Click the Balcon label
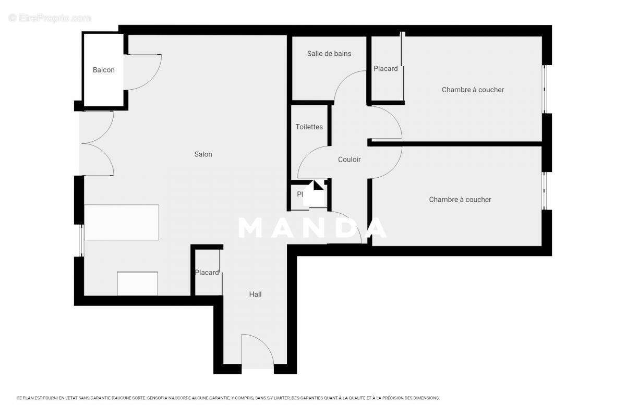[103, 70]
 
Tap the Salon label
[203, 154]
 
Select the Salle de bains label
[329, 54]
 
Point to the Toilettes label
[309, 127]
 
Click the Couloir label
[349, 160]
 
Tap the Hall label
[255, 295]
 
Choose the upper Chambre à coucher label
[473, 90]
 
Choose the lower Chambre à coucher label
[460, 200]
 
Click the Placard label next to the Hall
[207, 273]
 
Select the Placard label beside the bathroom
[386, 69]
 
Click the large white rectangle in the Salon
[122, 222]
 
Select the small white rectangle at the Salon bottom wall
[137, 284]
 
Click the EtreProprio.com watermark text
[50, 18]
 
